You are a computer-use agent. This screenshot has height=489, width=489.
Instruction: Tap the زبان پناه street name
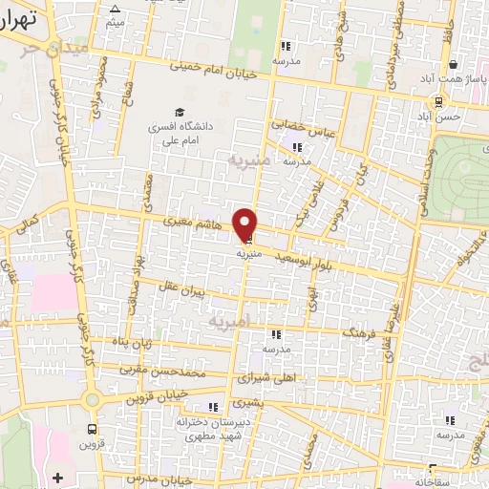pos(134,343)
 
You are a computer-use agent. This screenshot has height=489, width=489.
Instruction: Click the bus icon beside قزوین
pos(92,429)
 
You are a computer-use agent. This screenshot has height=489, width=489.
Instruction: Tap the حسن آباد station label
pos(444,116)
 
